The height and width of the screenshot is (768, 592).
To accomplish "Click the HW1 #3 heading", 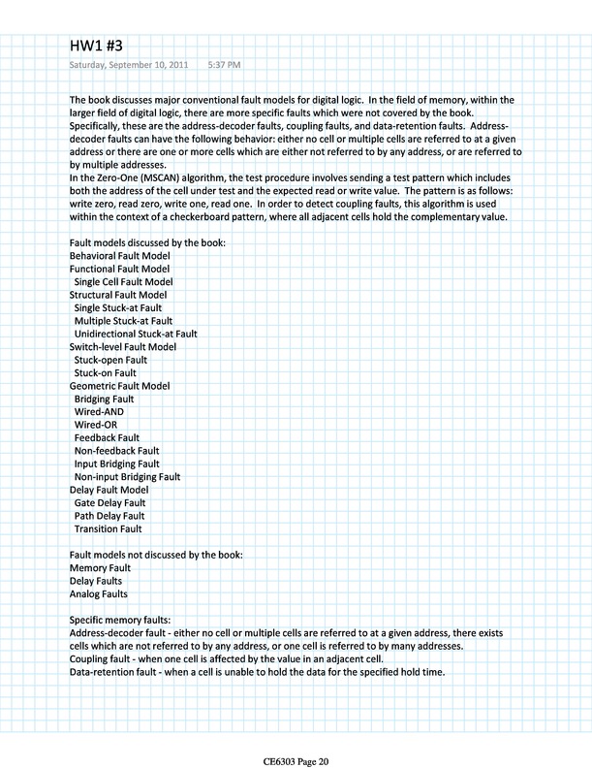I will click(96, 45).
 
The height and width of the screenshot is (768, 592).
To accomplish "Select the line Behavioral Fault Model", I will click(120, 255).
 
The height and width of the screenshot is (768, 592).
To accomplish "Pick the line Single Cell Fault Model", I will click(123, 281).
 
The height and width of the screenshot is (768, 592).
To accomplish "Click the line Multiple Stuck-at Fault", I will click(123, 320).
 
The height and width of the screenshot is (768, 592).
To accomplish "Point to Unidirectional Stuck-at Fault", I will click(136, 334).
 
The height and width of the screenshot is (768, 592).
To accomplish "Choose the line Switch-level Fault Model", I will click(123, 346).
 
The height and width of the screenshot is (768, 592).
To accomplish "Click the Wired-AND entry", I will click(100, 411).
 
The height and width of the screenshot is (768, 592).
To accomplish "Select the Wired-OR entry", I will click(96, 425).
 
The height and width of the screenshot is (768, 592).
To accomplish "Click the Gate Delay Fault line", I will click(109, 503).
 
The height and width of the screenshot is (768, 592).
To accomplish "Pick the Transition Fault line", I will click(108, 529).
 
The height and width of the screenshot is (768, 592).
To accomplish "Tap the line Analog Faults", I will click(99, 593).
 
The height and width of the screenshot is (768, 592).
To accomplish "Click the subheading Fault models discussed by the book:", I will click(147, 241).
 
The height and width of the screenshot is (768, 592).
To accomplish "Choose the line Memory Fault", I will click(101, 567).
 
